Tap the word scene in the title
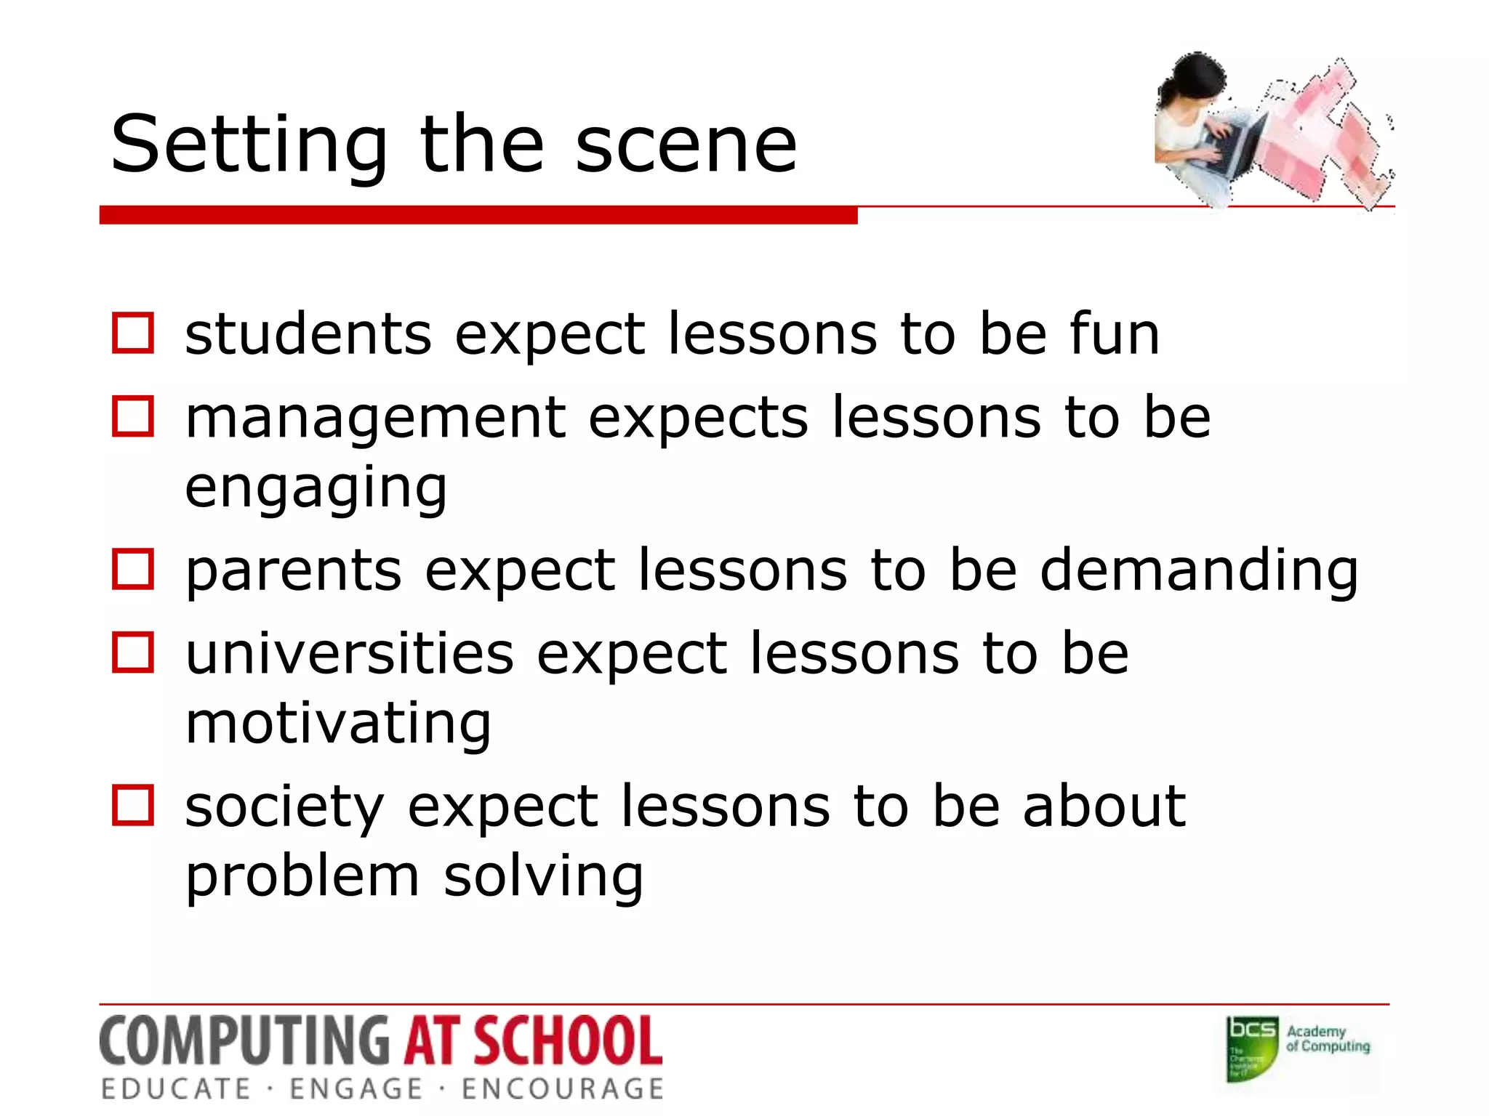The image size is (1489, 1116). click(686, 145)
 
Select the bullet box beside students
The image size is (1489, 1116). click(133, 333)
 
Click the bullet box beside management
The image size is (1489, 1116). click(133, 416)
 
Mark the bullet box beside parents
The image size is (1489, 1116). click(133, 569)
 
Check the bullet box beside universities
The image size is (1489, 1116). click(133, 652)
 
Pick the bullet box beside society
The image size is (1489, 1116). click(133, 805)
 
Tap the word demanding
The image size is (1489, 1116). click(1199, 570)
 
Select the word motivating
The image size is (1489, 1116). click(339, 723)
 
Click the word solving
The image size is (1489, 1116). click(543, 876)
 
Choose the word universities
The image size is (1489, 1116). click(350, 652)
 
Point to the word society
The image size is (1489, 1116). click(284, 806)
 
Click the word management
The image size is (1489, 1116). click(376, 418)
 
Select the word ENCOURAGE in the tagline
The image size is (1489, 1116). click(563, 1089)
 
